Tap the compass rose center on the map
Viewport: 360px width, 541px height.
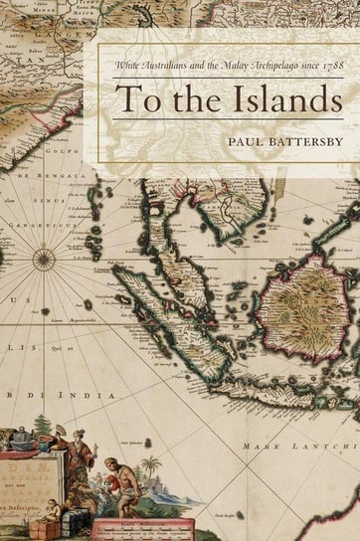pyautogui.click(x=44, y=261)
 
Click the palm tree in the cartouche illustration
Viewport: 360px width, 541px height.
pyautogui.click(x=150, y=467)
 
